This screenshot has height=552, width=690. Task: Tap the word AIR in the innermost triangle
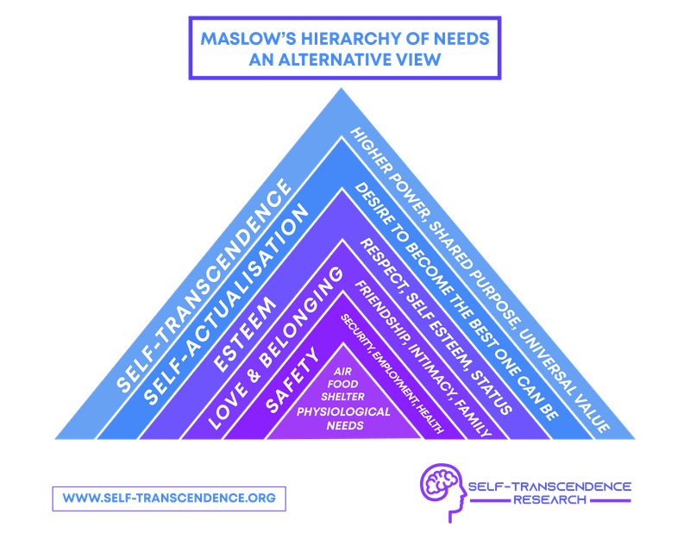[344, 372]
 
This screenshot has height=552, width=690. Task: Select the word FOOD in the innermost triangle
[344, 385]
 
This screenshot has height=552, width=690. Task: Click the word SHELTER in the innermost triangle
[344, 398]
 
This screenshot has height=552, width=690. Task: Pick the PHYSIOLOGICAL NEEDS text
[344, 417]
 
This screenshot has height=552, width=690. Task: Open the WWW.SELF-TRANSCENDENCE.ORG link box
[168, 499]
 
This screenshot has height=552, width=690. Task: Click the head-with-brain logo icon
[442, 491]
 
